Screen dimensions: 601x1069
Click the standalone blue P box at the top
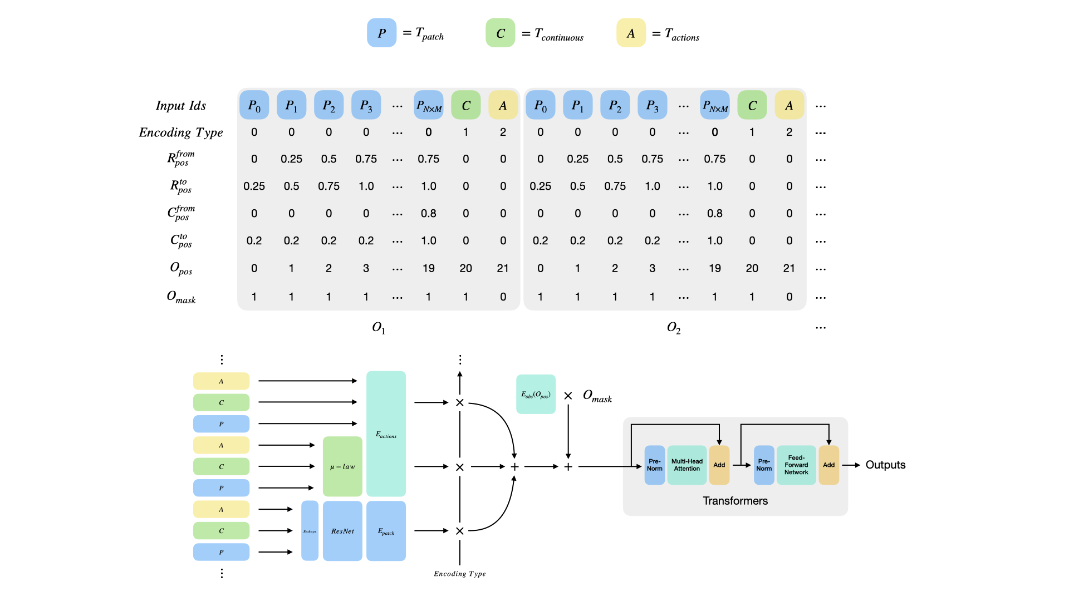pyautogui.click(x=381, y=33)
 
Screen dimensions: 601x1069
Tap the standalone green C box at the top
pyautogui.click(x=500, y=33)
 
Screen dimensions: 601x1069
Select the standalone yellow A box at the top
pyautogui.click(x=631, y=33)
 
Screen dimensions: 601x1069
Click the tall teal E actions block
pyautogui.click(x=386, y=433)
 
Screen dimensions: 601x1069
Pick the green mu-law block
pyautogui.click(x=342, y=466)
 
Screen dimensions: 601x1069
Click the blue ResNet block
pyautogui.click(x=342, y=531)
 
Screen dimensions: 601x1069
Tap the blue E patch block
pyautogui.click(x=386, y=531)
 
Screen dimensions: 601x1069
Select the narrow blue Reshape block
pyautogui.click(x=310, y=531)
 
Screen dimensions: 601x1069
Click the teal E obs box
pyautogui.click(x=536, y=394)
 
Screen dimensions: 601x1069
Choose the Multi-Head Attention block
pyautogui.click(x=686, y=465)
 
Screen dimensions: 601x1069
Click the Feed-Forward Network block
pyautogui.click(x=796, y=465)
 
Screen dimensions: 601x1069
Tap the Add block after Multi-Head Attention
pyautogui.click(x=719, y=465)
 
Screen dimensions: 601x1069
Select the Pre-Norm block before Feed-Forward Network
pyautogui.click(x=763, y=465)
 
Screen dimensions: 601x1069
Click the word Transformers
pyautogui.click(x=735, y=501)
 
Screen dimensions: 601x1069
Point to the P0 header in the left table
pyautogui.click(x=254, y=105)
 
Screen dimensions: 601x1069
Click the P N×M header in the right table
pyautogui.click(x=714, y=105)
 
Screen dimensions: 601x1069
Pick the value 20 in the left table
pyautogui.click(x=465, y=268)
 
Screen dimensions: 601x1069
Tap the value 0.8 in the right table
pyautogui.click(x=714, y=214)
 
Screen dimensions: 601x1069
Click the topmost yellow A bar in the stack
pyautogui.click(x=221, y=381)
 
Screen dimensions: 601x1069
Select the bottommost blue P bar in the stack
pyautogui.click(x=221, y=552)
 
